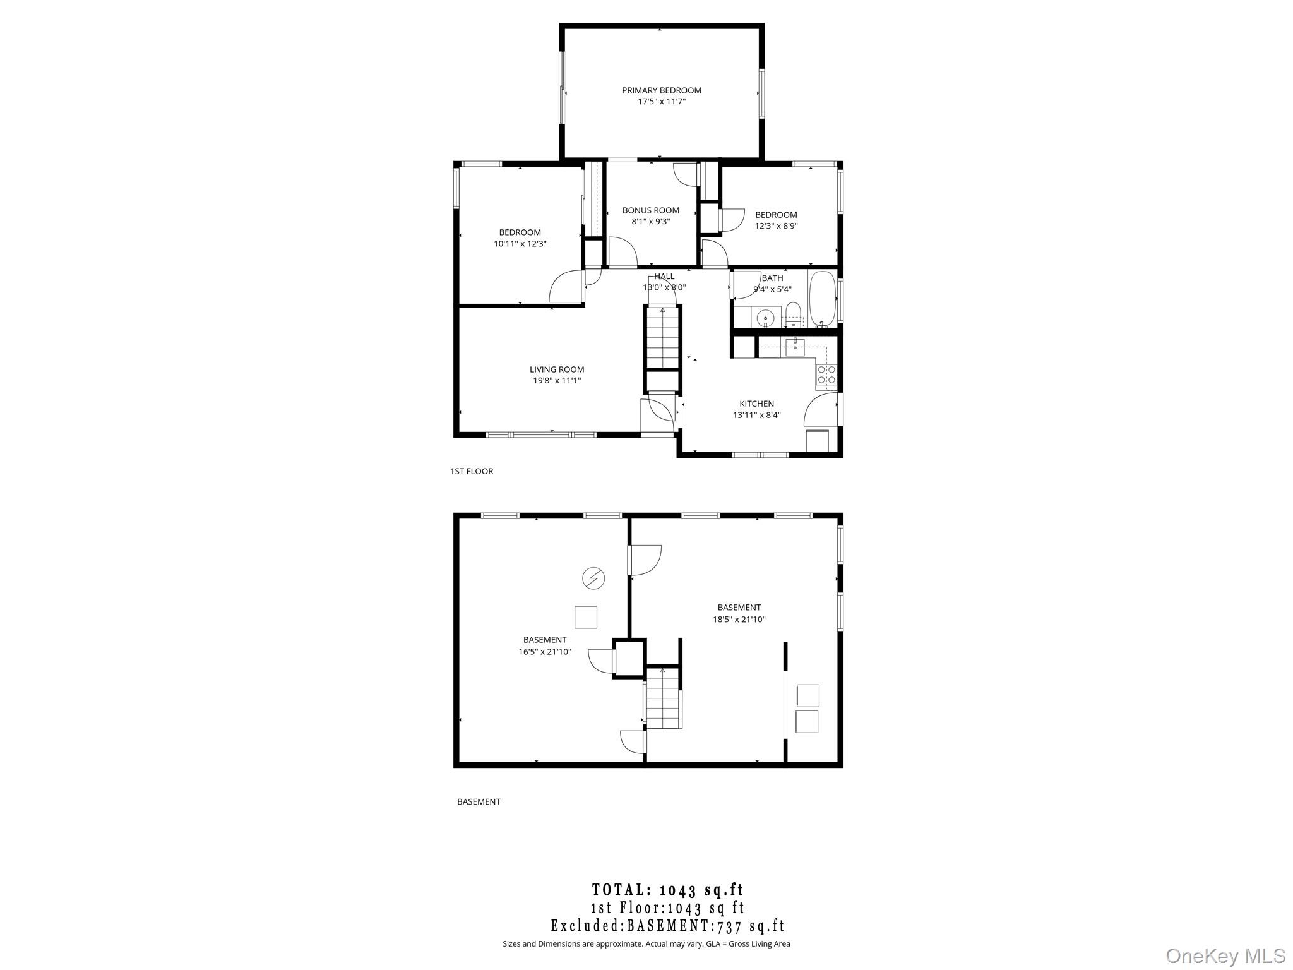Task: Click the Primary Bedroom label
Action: [661, 90]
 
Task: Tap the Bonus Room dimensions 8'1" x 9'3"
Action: [650, 222]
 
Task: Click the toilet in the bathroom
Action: [792, 313]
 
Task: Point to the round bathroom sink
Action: [766, 316]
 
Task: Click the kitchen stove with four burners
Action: [826, 374]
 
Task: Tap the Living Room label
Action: [556, 369]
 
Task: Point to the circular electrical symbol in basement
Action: [593, 578]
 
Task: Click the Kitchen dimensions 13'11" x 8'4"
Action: [756, 415]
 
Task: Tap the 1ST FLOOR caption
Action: [471, 471]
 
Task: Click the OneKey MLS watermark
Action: [1225, 955]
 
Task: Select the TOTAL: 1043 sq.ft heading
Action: [667, 890]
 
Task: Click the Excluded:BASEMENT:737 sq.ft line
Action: [667, 926]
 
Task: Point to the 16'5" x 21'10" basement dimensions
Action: [544, 651]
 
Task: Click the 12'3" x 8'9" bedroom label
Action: [776, 225]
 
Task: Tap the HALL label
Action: [664, 277]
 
